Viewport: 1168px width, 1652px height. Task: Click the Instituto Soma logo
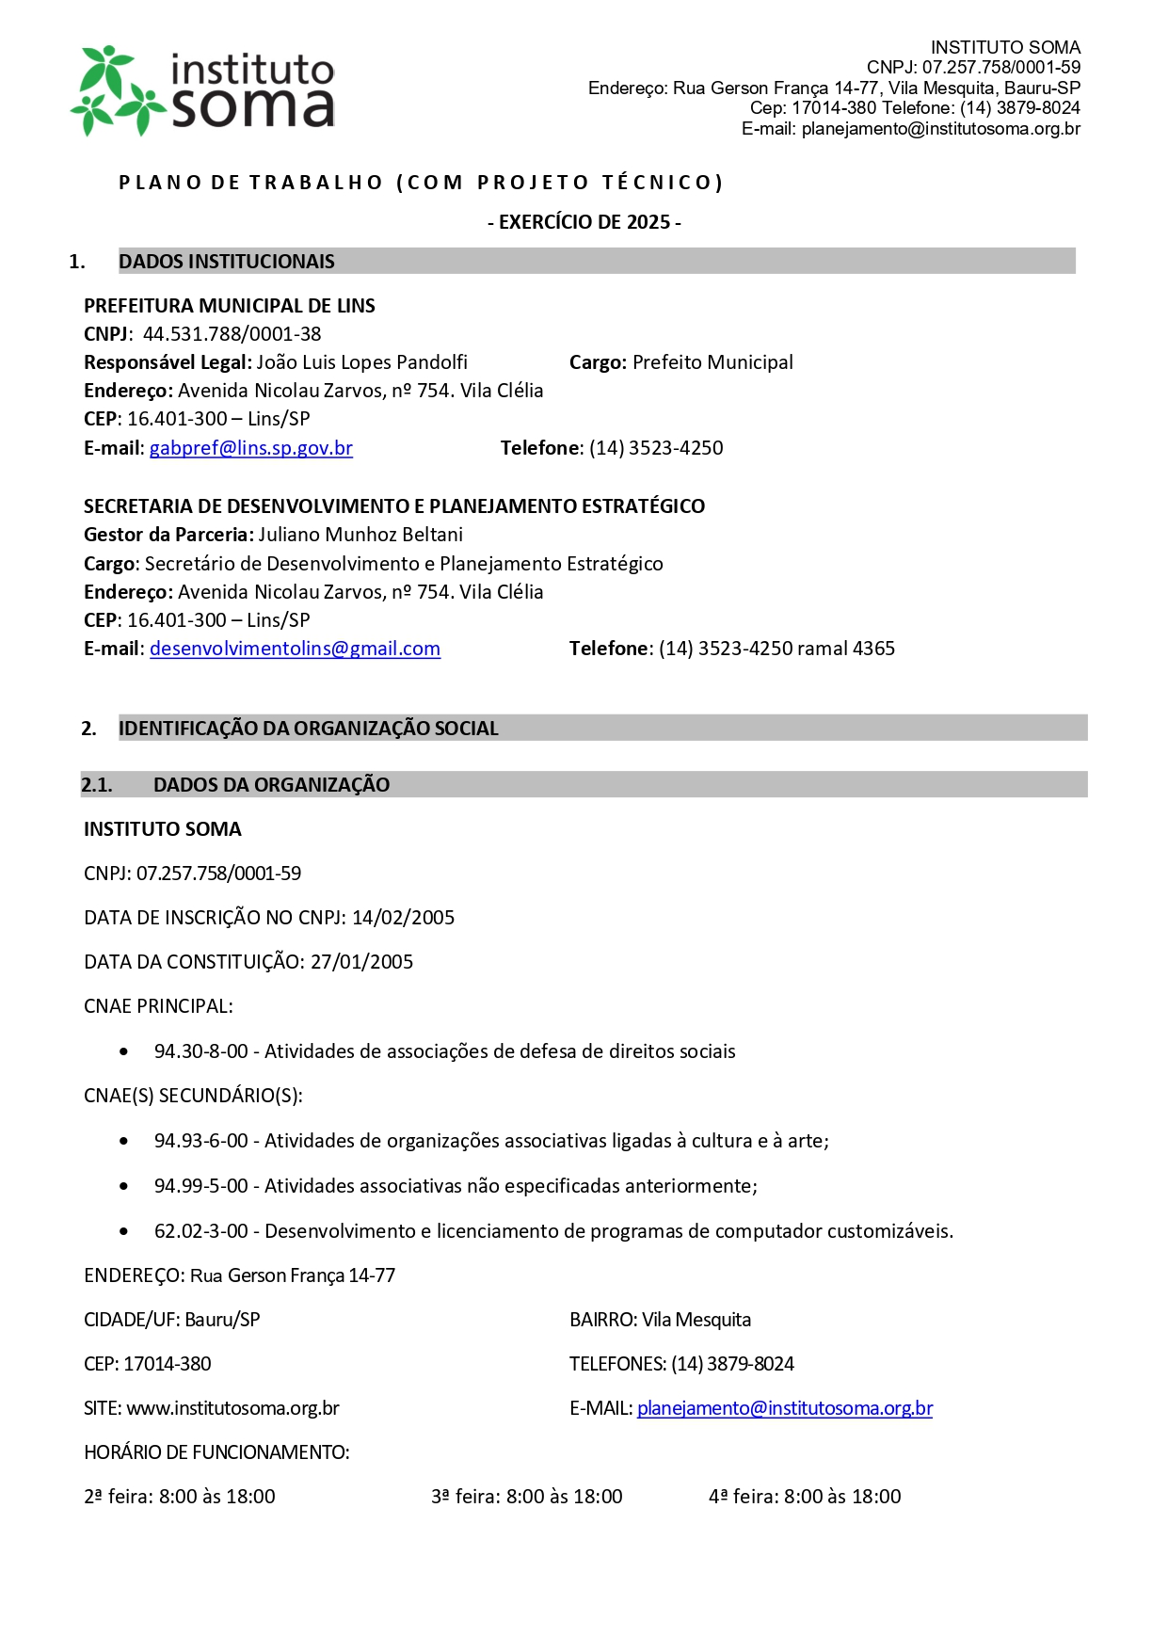point(202,91)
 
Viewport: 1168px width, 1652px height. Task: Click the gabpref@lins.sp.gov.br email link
point(250,448)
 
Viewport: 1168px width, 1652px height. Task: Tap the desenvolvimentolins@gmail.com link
point(295,649)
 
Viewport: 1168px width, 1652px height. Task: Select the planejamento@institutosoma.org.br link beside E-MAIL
point(784,1408)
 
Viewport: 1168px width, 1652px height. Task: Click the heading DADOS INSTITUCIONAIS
point(226,262)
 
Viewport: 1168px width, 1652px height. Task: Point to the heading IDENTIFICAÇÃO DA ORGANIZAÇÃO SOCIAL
point(308,729)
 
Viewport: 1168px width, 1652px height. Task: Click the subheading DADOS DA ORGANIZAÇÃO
point(271,785)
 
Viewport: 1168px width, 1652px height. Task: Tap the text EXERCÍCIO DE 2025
point(584,222)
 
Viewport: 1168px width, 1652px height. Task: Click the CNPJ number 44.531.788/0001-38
point(232,334)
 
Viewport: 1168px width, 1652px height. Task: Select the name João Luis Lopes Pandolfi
point(361,362)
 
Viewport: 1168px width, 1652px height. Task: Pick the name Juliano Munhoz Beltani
point(360,535)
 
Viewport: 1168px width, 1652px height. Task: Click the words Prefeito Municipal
point(712,362)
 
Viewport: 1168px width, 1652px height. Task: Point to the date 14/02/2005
point(403,918)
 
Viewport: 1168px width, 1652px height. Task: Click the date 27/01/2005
point(361,962)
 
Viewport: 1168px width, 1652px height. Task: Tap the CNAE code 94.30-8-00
point(200,1051)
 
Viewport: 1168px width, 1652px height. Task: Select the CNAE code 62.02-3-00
point(200,1231)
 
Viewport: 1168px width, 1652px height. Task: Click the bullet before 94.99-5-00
point(124,1186)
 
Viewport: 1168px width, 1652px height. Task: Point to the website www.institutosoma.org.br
point(232,1408)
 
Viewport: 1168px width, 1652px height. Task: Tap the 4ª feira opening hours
point(805,1497)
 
